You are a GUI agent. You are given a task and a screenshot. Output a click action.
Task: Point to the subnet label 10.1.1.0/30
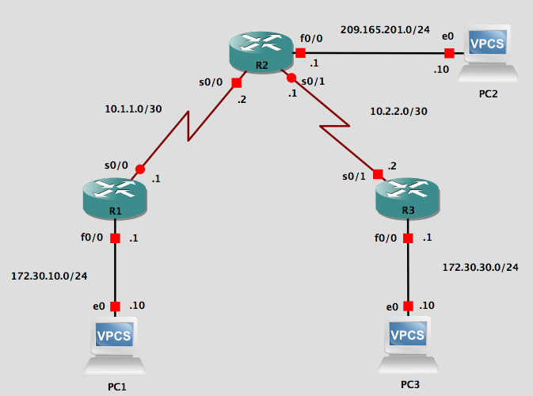[133, 109]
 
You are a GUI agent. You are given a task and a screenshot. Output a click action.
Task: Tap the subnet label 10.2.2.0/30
[398, 112]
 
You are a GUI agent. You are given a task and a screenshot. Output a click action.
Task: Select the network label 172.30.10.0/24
[49, 276]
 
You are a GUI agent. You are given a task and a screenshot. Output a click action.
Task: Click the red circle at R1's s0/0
[140, 169]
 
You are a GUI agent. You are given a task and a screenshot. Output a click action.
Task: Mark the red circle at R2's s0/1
[291, 78]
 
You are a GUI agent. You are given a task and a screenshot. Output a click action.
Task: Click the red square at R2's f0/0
[301, 53]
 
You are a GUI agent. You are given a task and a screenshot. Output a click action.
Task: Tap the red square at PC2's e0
[449, 54]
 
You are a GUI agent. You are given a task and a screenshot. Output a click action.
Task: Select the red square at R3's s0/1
[378, 173]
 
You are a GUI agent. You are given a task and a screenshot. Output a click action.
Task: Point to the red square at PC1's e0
[116, 307]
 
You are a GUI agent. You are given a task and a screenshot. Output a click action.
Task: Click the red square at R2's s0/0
[236, 82]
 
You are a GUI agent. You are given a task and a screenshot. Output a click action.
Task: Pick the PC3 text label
[410, 384]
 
